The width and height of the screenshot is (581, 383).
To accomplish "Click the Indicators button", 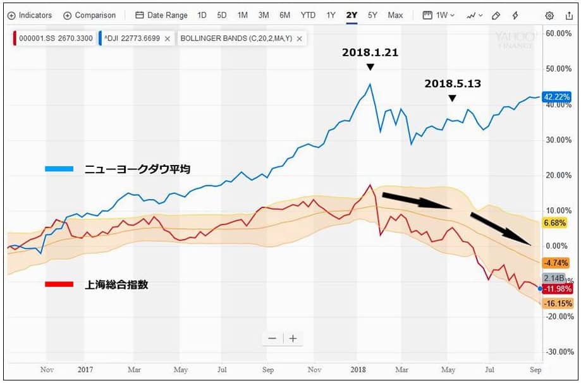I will pyautogui.click(x=30, y=15).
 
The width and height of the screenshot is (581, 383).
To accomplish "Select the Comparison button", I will pyautogui.click(x=89, y=15).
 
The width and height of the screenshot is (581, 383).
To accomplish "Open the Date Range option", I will pyautogui.click(x=161, y=15).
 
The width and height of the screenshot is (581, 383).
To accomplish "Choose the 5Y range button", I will pyautogui.click(x=372, y=15).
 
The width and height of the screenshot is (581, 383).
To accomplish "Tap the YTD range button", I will pyautogui.click(x=308, y=15).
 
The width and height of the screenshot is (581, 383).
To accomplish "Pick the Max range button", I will pyautogui.click(x=395, y=15).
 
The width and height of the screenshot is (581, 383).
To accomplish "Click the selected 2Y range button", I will pyautogui.click(x=352, y=15).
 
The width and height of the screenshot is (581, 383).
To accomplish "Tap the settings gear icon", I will pyautogui.click(x=549, y=15).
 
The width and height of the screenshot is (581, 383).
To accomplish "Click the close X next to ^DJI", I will pyautogui.click(x=167, y=39).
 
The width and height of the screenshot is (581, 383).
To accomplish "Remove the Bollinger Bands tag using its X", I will pyautogui.click(x=299, y=39).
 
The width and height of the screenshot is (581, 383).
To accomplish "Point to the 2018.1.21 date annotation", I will pyautogui.click(x=370, y=52).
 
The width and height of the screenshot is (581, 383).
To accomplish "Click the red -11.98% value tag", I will pyautogui.click(x=557, y=289).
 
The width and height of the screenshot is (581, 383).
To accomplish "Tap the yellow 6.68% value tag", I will pyautogui.click(x=555, y=222).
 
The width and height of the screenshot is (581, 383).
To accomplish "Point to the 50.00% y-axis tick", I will pyautogui.click(x=559, y=68).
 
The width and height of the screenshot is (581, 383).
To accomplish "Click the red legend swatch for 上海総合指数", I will pyautogui.click(x=59, y=284).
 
